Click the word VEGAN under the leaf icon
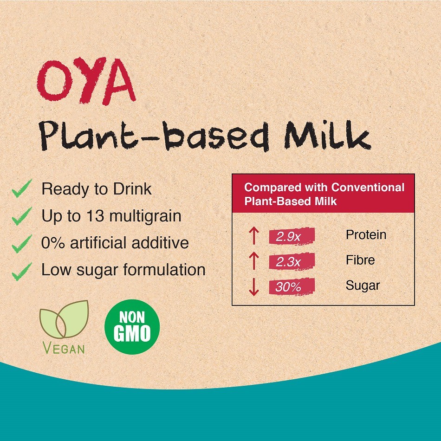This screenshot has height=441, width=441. [64, 348]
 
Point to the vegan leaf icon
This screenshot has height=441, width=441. [64, 320]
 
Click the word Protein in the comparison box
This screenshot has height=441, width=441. [366, 235]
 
